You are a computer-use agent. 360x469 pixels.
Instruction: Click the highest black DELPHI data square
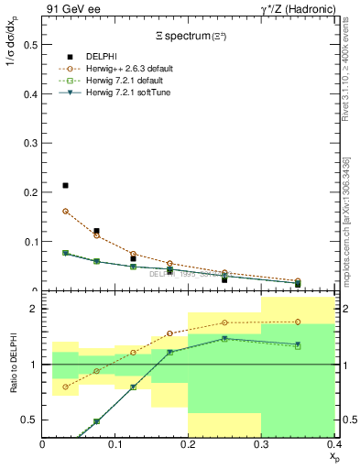[65, 185]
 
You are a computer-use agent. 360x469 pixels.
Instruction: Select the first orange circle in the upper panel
[65, 211]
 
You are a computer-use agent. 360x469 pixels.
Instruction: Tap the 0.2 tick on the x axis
[188, 444]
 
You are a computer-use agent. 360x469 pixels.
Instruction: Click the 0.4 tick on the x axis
[333, 444]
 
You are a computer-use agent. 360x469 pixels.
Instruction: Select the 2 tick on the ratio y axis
[33, 309]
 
